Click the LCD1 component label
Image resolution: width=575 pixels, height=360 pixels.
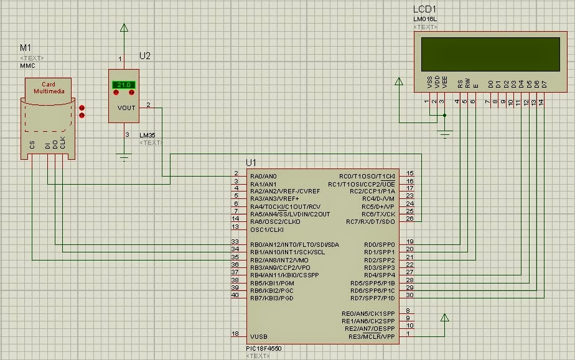pyautogui.click(x=425, y=9)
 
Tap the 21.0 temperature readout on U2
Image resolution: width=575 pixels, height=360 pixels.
pyautogui.click(x=123, y=85)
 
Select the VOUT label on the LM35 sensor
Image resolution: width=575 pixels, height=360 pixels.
pyautogui.click(x=126, y=108)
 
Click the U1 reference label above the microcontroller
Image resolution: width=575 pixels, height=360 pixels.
pyautogui.click(x=251, y=163)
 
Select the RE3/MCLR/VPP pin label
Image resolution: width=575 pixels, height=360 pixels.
pyautogui.click(x=373, y=336)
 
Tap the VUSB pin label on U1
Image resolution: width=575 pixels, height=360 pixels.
pyautogui.click(x=258, y=336)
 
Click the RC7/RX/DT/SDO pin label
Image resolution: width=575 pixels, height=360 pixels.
pyautogui.click(x=370, y=222)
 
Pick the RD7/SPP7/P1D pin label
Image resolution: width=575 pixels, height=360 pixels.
pyautogui.click(x=373, y=298)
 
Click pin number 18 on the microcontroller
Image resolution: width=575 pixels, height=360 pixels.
pyautogui.click(x=235, y=334)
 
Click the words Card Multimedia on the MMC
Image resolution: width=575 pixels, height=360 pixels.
pyautogui.click(x=49, y=88)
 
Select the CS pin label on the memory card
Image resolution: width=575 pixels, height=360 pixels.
pyautogui.click(x=32, y=145)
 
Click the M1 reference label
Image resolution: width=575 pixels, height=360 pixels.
pyautogui.click(x=26, y=48)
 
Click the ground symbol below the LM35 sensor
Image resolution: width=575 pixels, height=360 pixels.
pyautogui.click(x=124, y=157)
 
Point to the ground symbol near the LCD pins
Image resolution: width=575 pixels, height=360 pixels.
pyautogui.click(x=445, y=132)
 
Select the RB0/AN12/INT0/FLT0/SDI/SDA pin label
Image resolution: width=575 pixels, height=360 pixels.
pyautogui.click(x=294, y=244)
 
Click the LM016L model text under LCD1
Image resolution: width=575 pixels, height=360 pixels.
pyautogui.click(x=424, y=19)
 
